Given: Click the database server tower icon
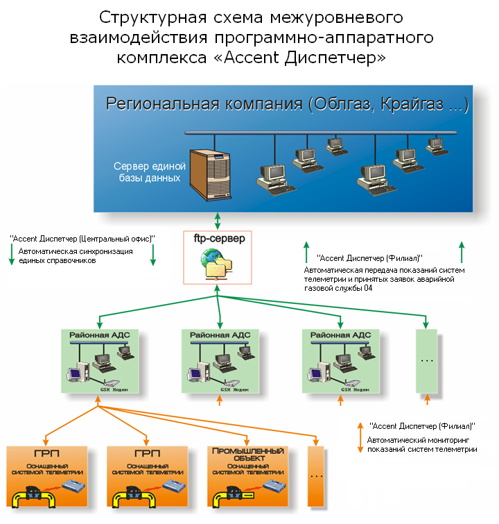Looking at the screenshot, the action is [x=210, y=175].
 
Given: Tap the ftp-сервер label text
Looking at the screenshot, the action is [x=219, y=239].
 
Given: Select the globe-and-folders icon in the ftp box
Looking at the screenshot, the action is [x=217, y=264].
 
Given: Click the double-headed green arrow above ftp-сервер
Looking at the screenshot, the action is [x=218, y=221].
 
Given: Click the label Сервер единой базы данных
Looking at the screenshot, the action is [x=150, y=171].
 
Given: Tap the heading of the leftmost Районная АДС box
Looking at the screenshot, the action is [x=100, y=335].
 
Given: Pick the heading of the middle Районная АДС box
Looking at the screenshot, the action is [x=220, y=335].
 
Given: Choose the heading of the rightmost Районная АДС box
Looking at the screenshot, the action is [x=340, y=335].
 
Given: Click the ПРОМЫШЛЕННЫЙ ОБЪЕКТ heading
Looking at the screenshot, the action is [x=248, y=455].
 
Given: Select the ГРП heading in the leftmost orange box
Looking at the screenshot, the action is [x=46, y=453].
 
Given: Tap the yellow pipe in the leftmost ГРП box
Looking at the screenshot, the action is [x=33, y=497].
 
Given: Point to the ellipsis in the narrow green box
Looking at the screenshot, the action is [x=427, y=361].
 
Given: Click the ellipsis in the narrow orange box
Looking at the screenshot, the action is [x=316, y=476].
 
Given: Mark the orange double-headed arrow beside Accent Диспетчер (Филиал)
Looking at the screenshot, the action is [x=360, y=438].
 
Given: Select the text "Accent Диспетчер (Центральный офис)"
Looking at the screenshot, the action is [x=82, y=239].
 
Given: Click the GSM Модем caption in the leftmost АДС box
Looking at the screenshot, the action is [x=114, y=389].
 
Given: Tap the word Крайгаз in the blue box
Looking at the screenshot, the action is [x=412, y=104].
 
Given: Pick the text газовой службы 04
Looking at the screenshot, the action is [x=338, y=288].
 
